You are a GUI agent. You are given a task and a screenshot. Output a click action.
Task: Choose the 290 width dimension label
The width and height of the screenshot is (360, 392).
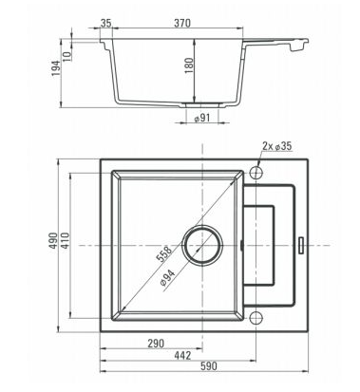[157, 344]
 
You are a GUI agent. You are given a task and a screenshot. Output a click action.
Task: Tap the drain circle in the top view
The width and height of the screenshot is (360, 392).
[202, 246]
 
